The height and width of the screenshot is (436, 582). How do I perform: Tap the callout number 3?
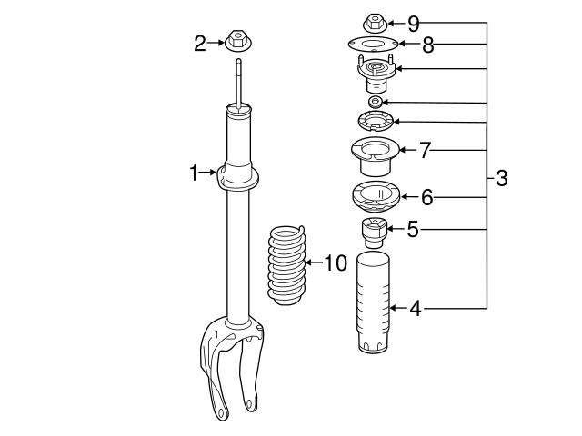click(500, 178)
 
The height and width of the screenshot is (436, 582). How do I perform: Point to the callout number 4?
click(416, 309)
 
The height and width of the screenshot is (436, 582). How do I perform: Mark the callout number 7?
click(424, 150)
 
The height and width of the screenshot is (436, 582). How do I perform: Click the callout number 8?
click(427, 43)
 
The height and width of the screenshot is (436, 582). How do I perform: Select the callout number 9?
click(414, 20)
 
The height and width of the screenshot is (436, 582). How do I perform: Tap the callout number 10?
click(336, 263)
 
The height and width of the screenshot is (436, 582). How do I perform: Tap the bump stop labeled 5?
click(371, 233)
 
